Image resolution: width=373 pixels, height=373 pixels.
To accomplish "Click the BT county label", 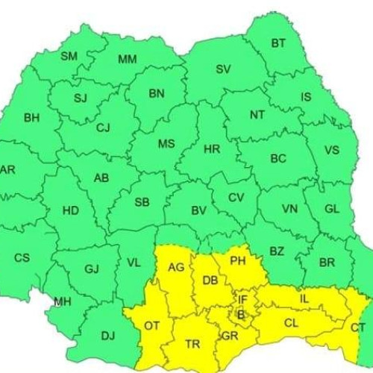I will [x=278, y=43].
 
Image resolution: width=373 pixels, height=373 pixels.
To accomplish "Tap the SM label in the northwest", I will [x=69, y=56].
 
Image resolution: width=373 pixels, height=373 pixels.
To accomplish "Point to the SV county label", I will [x=223, y=69].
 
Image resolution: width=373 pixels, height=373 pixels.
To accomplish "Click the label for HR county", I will [x=212, y=149].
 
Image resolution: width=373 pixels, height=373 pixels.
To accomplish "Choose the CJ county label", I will [x=103, y=128].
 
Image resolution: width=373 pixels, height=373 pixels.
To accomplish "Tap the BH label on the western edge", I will [x=32, y=117].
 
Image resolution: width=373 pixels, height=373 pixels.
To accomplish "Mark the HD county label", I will [x=70, y=210].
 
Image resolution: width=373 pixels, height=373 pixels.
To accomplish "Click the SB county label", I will [x=142, y=202].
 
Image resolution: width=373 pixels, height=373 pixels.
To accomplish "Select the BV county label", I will [x=198, y=210].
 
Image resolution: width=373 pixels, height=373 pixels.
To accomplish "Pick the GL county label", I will [x=331, y=209].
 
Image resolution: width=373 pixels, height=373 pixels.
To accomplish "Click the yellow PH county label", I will [x=237, y=261].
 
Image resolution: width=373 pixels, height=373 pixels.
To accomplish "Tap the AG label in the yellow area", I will [x=176, y=269].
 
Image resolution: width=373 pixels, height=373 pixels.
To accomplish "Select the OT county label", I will [x=151, y=326].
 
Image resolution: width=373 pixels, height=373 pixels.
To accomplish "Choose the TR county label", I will [x=192, y=344].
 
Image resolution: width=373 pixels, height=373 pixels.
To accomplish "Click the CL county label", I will [x=290, y=323].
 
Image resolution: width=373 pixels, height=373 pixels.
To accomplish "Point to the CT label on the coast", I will [x=358, y=327].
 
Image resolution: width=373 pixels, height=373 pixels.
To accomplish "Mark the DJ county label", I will [x=107, y=336].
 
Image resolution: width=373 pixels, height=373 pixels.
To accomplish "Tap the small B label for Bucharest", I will [x=240, y=314].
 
